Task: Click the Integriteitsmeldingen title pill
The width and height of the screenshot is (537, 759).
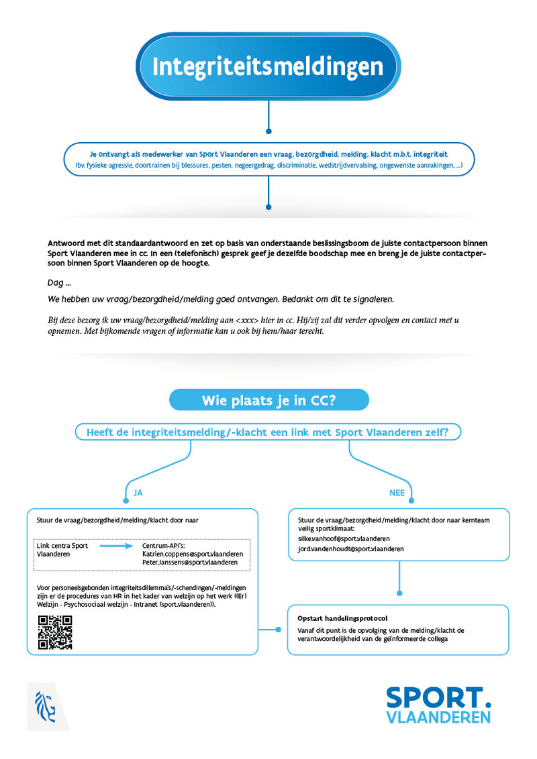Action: click(x=268, y=66)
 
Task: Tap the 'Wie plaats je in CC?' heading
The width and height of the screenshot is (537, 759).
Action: click(x=268, y=400)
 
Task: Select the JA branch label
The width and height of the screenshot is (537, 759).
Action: click(x=138, y=492)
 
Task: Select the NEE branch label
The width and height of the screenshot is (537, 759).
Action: click(x=397, y=492)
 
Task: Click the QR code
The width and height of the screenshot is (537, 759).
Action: click(x=55, y=632)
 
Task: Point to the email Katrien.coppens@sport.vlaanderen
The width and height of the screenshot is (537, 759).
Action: click(x=193, y=554)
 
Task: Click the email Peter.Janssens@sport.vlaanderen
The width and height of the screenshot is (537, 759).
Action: click(x=190, y=563)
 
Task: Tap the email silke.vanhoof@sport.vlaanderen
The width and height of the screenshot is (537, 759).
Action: click(x=343, y=538)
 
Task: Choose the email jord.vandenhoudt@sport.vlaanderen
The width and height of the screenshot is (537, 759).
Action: click(x=350, y=548)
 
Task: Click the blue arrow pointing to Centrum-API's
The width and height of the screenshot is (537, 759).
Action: click(x=117, y=546)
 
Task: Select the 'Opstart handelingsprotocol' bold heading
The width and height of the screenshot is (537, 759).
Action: click(x=342, y=618)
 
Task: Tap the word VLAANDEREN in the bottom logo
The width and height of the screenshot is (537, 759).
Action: click(x=438, y=717)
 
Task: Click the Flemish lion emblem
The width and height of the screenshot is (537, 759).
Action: click(x=46, y=705)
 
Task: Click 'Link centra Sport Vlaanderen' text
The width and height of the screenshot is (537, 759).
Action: click(x=62, y=550)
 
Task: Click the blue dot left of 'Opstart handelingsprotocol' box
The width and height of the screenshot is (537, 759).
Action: click(x=278, y=630)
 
